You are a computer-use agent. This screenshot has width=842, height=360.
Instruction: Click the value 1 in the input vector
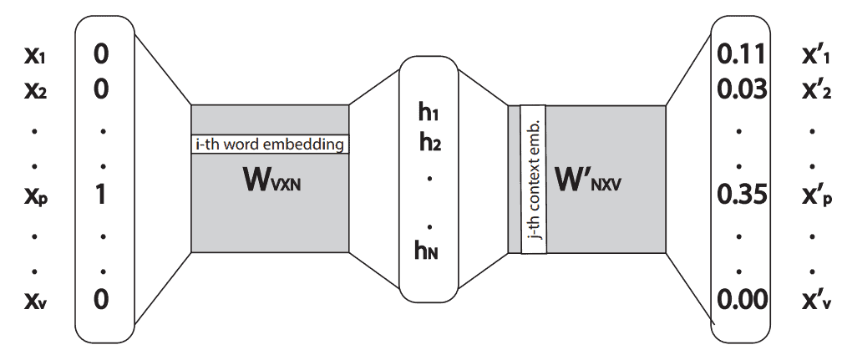pyautogui.click(x=101, y=195)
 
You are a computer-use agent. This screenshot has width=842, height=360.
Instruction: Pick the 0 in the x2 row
pyautogui.click(x=101, y=89)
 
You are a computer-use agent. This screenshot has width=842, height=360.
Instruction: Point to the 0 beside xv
pyautogui.click(x=101, y=298)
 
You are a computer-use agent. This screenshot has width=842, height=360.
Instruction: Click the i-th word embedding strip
pyautogui.click(x=270, y=145)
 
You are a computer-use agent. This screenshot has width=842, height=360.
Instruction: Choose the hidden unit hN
pyautogui.click(x=429, y=251)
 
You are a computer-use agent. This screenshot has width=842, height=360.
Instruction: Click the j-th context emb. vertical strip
pyautogui.click(x=533, y=179)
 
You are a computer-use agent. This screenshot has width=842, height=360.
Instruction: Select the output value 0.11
pyautogui.click(x=741, y=56)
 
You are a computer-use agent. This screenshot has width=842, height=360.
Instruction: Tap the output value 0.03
pyautogui.click(x=741, y=89)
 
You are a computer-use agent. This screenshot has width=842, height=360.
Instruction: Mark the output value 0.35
pyautogui.click(x=741, y=195)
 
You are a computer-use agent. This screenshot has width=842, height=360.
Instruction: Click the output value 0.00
pyautogui.click(x=741, y=298)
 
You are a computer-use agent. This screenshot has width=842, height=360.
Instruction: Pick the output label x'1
pyautogui.click(x=814, y=56)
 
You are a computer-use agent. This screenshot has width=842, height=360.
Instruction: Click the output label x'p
pyautogui.click(x=814, y=195)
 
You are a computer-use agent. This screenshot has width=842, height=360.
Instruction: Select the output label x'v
pyautogui.click(x=814, y=298)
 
